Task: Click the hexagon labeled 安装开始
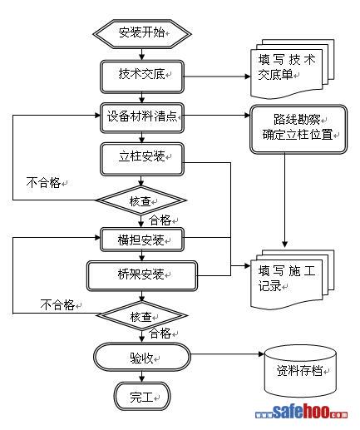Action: [142, 34]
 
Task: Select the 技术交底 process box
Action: [142, 77]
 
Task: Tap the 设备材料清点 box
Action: [142, 117]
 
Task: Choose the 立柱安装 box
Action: [142, 159]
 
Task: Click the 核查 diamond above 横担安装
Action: [141, 200]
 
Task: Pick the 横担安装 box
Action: [142, 240]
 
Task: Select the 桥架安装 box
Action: [142, 275]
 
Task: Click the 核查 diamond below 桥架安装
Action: [142, 315]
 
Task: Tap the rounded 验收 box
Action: [142, 357]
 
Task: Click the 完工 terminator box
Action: [141, 396]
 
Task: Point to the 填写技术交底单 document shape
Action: [292, 69]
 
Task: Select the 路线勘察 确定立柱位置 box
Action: [298, 129]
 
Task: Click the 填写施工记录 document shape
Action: [292, 279]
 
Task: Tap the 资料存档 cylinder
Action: [300, 371]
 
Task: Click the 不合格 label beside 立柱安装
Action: [43, 183]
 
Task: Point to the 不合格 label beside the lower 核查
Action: [57, 305]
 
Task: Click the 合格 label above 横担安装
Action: [160, 220]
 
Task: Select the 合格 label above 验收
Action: [160, 334]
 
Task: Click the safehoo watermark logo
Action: [301, 412]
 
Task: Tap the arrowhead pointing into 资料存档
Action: [261, 354]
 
